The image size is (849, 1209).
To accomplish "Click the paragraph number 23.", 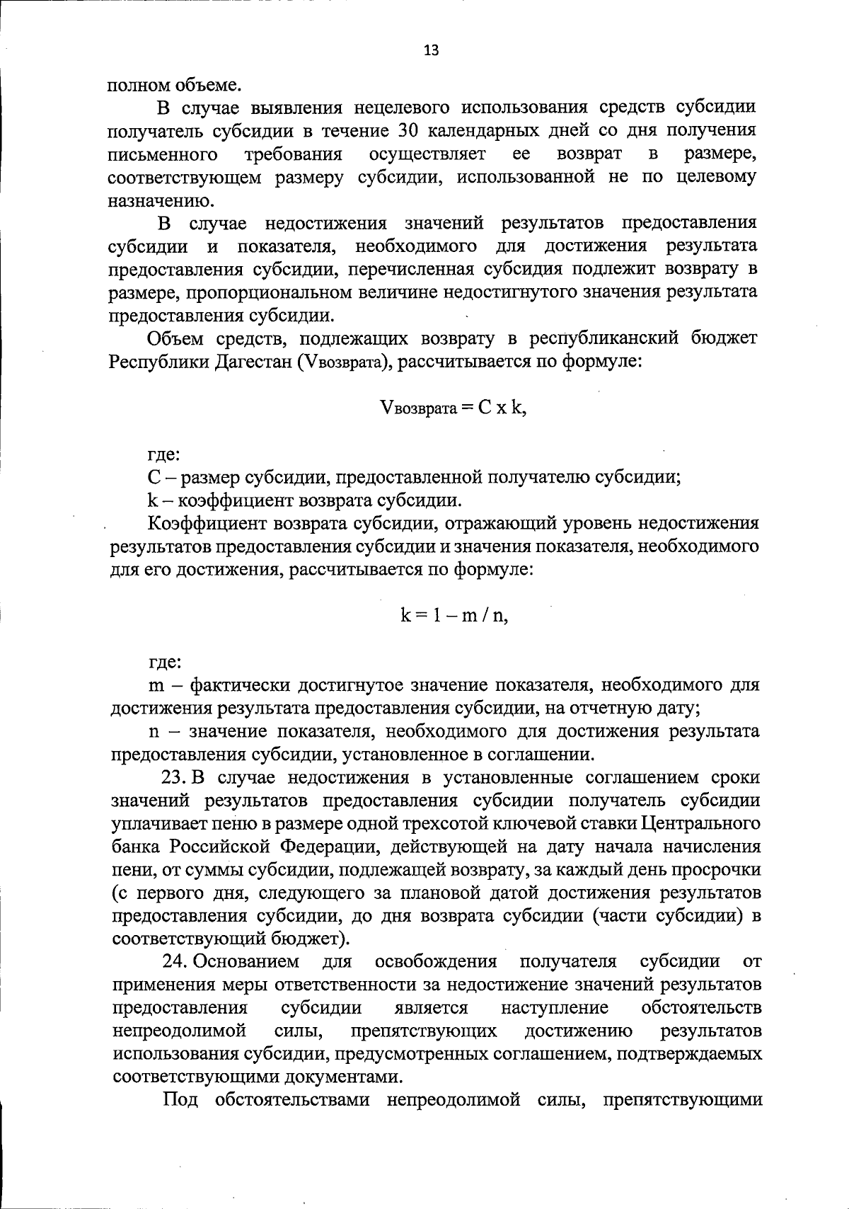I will pyautogui.click(x=174, y=777).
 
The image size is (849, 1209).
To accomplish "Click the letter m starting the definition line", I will pyautogui.click(x=156, y=685).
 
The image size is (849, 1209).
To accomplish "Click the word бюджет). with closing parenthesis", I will pyautogui.click(x=309, y=939).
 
